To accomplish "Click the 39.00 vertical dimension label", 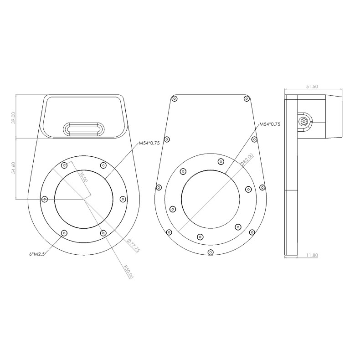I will pyautogui.click(x=14, y=118).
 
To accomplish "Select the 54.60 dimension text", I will pyautogui.click(x=14, y=168).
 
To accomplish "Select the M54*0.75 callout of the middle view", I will pyautogui.click(x=269, y=124).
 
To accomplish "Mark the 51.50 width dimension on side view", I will pyautogui.click(x=312, y=87).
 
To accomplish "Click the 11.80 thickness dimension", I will pyautogui.click(x=312, y=256).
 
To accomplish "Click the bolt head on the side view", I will pyautogui.click(x=304, y=121).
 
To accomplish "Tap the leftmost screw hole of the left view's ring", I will pyautogui.click(x=45, y=199).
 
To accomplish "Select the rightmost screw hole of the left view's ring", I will pyautogui.click(x=123, y=199).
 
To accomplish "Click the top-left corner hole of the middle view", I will pyautogui.click(x=175, y=98).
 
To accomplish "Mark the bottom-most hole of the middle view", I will pyautogui.click(x=210, y=252).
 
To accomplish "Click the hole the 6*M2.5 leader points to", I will pyautogui.click(x=64, y=233).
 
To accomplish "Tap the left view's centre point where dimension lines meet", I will pyautogui.click(x=83, y=199).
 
